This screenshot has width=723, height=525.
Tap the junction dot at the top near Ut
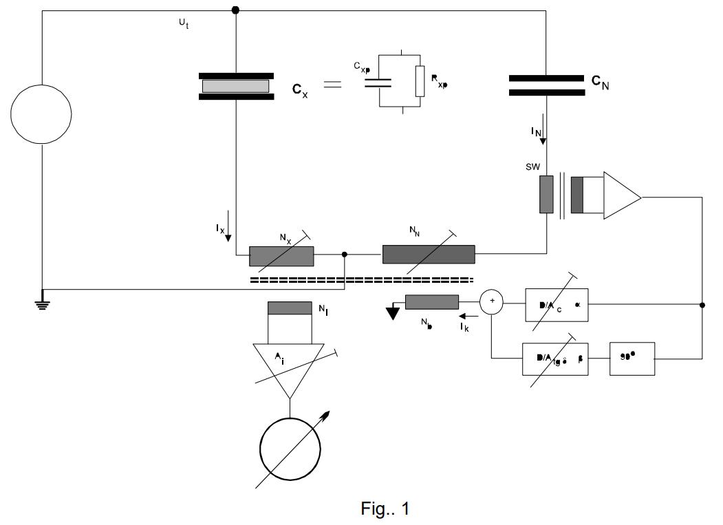(x=236, y=10)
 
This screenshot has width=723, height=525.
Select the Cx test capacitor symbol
(x=236, y=86)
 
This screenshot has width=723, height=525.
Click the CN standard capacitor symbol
(x=546, y=85)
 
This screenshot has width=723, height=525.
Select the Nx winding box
(x=281, y=256)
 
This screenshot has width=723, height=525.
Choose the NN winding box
(x=429, y=254)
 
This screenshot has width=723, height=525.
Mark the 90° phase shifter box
(x=632, y=360)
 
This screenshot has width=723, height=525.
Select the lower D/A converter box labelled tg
(x=556, y=360)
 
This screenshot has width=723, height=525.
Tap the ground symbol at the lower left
(x=43, y=302)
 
